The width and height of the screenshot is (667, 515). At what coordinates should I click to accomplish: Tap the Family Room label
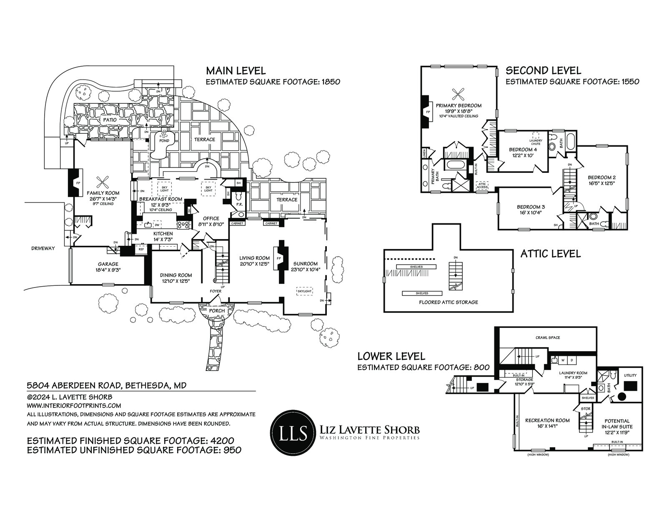coord(103,193)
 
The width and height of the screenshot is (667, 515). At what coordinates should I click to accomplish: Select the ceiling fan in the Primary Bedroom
coord(459,93)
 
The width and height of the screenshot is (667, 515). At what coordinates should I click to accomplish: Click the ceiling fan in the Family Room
coord(103,182)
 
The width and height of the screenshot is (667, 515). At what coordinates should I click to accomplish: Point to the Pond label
coord(164,141)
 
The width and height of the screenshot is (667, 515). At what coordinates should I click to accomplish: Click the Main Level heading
coord(236,70)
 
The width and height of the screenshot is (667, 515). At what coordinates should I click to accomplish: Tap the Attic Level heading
coord(550,254)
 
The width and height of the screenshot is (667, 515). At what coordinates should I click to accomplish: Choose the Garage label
coord(108,264)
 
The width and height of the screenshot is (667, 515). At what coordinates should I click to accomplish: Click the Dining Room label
coord(176,275)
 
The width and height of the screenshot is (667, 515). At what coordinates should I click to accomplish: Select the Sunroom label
coord(306,263)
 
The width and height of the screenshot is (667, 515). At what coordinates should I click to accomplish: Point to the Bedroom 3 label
coord(531,207)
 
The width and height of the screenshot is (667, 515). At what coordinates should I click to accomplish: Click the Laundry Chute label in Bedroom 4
coord(536,142)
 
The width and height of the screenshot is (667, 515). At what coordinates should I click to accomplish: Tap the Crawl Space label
coord(548,337)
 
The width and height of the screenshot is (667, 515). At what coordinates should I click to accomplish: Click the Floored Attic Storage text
coord(449,302)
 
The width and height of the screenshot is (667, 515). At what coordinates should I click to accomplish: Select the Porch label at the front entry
coord(217,310)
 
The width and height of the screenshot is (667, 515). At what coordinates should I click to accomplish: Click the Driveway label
coord(43,248)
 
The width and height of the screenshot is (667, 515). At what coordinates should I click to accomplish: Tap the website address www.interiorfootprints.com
coord(74,405)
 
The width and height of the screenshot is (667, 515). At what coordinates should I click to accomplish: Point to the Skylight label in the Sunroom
coord(304,291)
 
